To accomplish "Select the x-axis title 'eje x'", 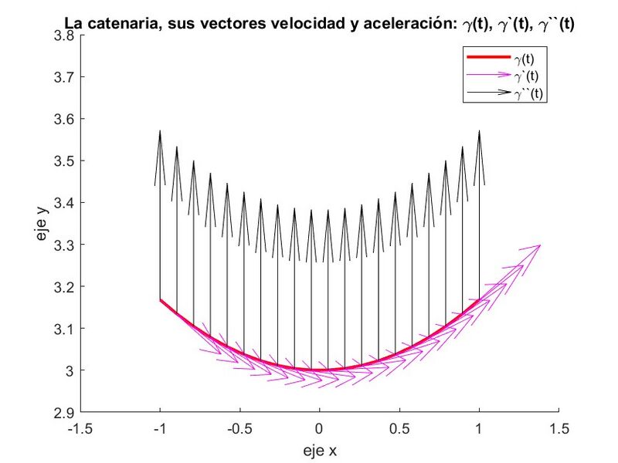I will [x=319, y=449].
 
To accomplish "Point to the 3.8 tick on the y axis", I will [x=80, y=35].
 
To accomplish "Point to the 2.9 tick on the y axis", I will [x=80, y=412].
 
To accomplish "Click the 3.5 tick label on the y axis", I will [x=64, y=161].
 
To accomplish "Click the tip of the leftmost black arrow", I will [x=160, y=130].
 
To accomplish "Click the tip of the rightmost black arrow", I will [x=479, y=130].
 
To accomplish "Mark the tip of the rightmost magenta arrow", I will [x=540, y=245].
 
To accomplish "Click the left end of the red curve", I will [x=160, y=299].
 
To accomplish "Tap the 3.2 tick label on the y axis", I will [x=64, y=286].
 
